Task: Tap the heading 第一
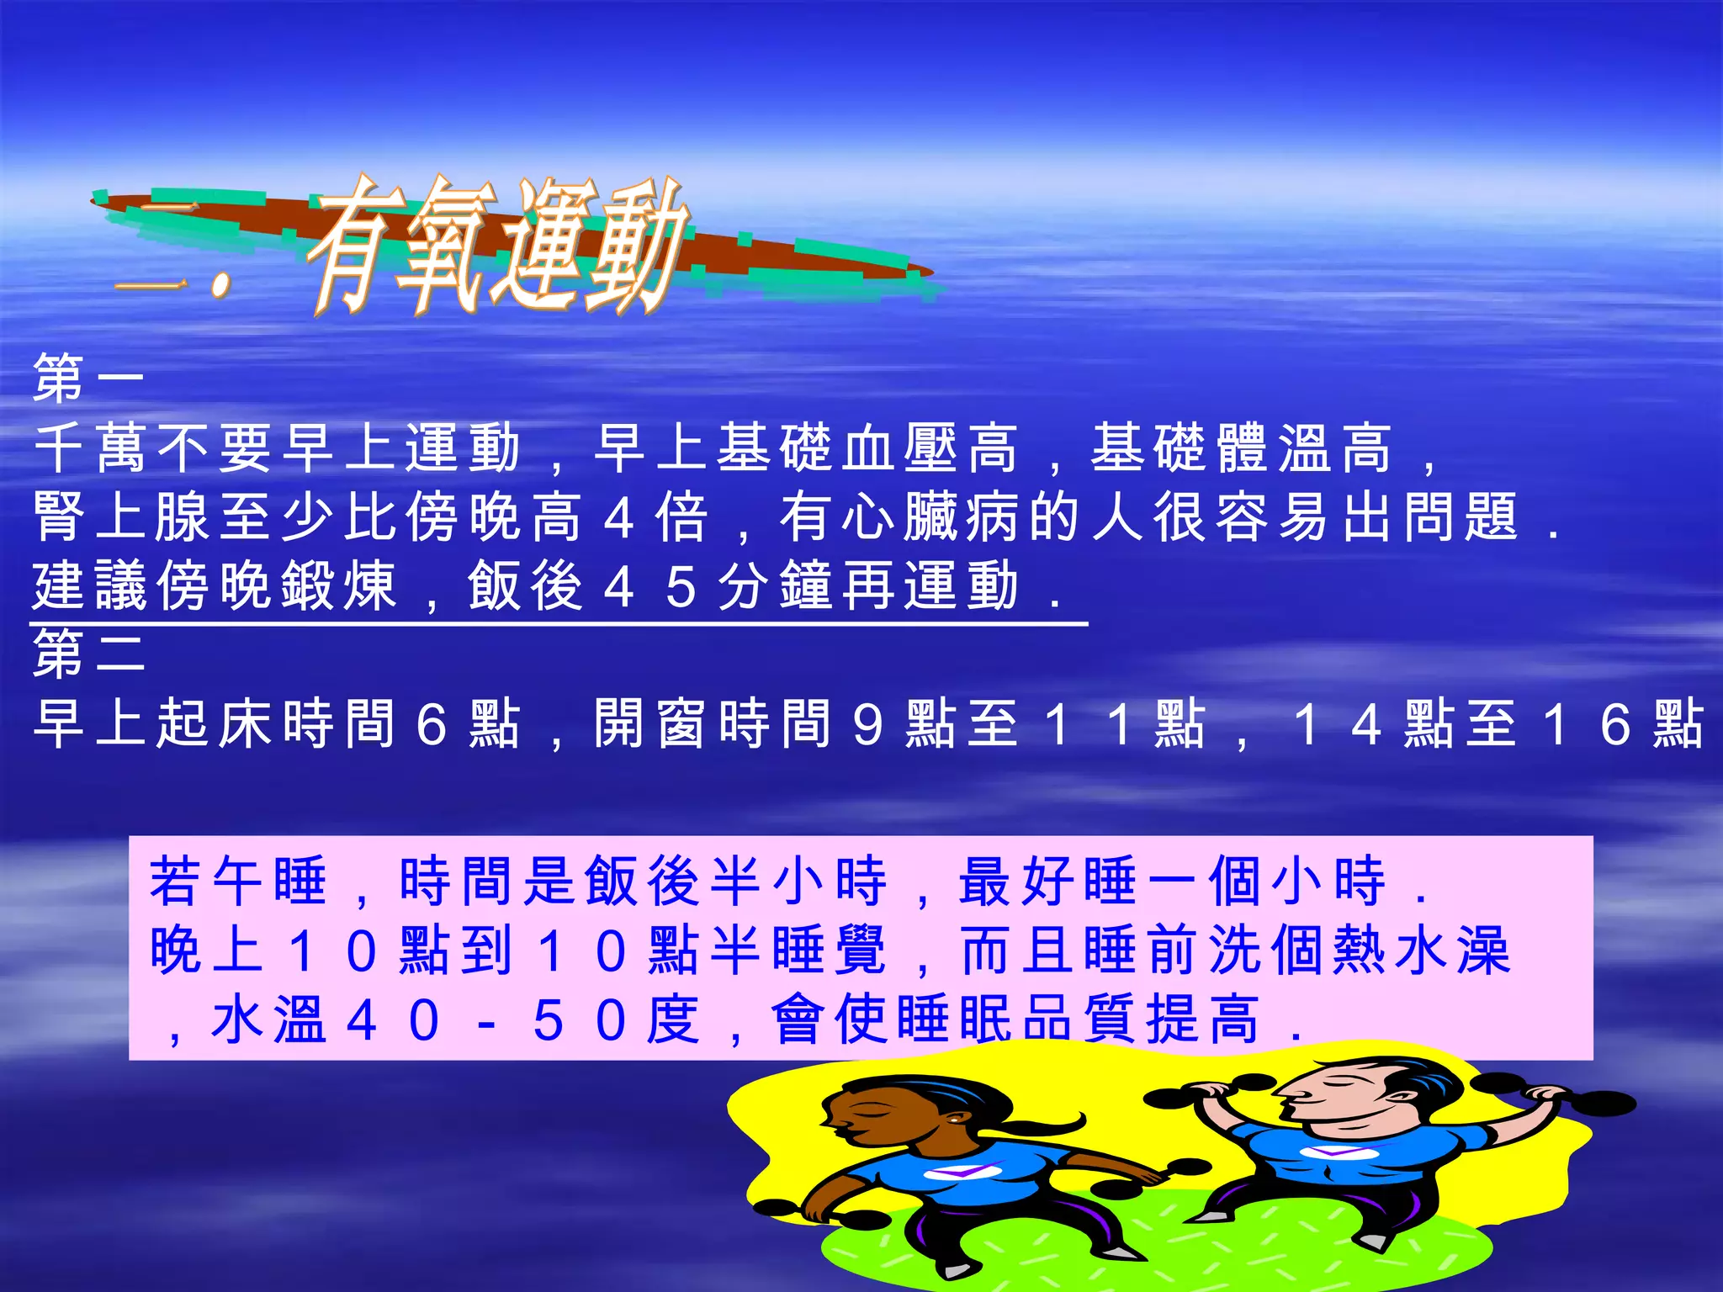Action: [88, 378]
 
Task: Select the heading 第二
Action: [88, 653]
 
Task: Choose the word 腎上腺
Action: [122, 516]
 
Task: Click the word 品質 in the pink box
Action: [1085, 1019]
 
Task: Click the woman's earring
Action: [954, 1121]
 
